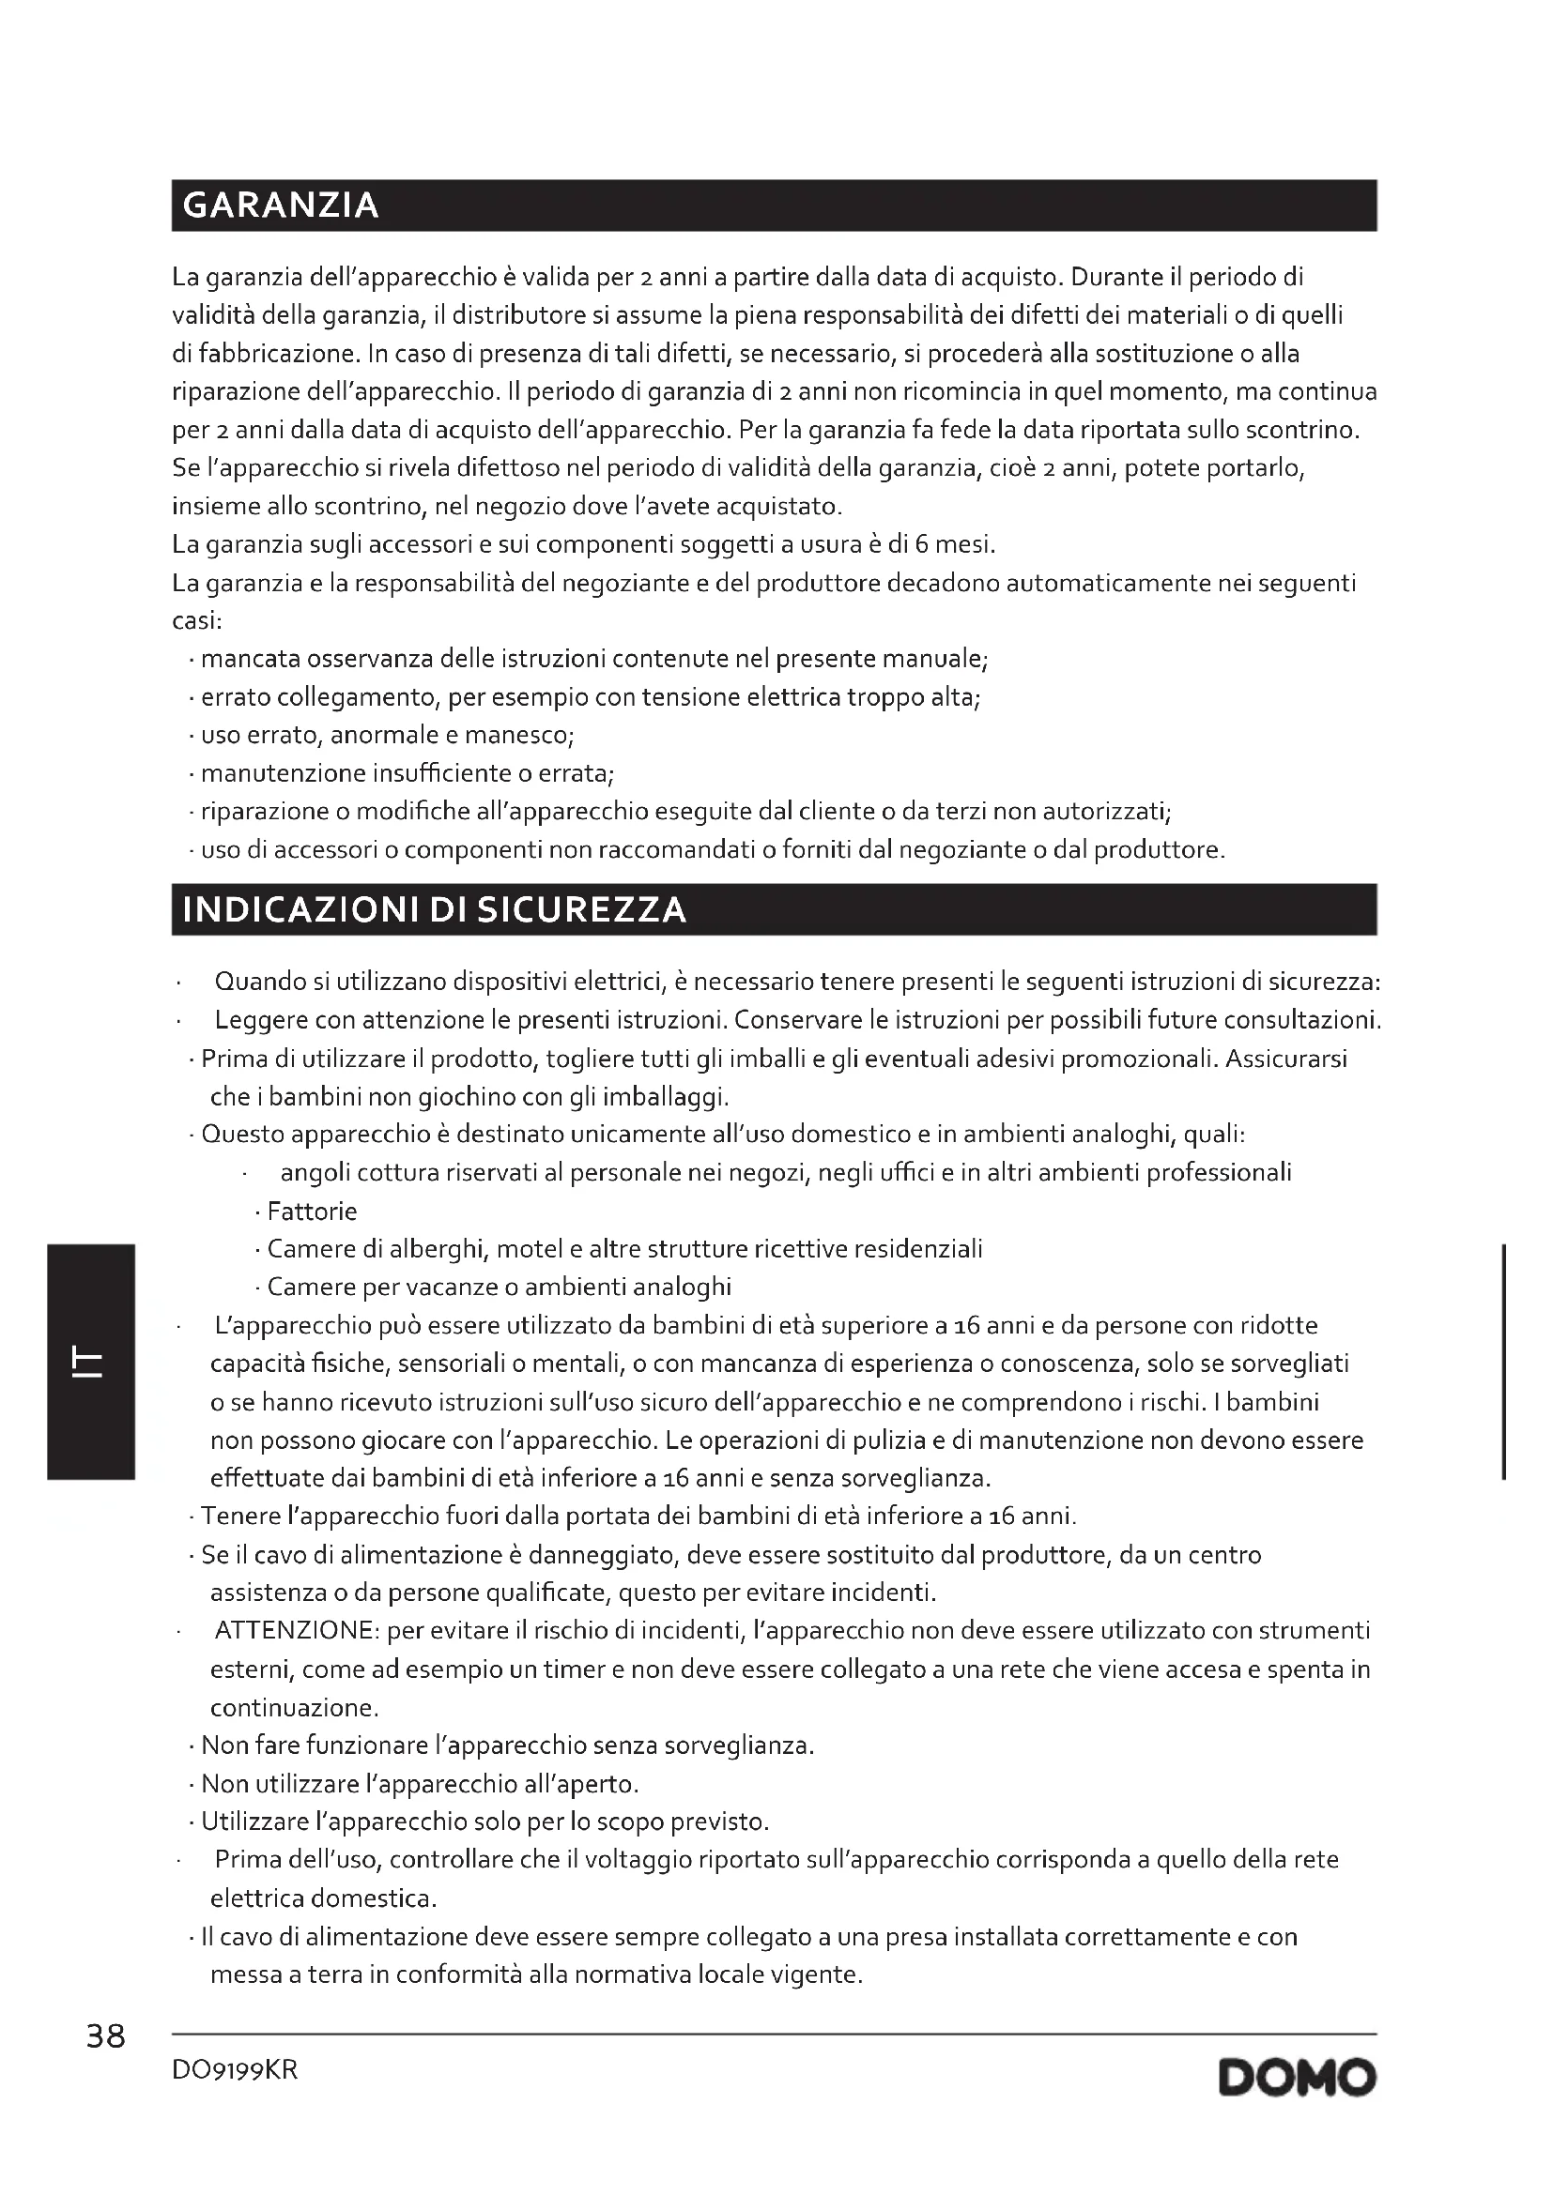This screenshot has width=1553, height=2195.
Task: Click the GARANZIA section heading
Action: (x=280, y=206)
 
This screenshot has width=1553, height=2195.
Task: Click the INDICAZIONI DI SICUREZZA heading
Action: (x=434, y=909)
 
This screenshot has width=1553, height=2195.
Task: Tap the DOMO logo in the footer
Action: (x=1297, y=2080)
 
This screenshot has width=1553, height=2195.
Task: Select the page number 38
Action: (x=105, y=2037)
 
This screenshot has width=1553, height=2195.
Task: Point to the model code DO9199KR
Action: (x=236, y=2071)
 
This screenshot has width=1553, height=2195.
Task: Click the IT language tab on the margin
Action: (x=90, y=1364)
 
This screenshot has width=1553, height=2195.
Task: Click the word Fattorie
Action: (x=312, y=1212)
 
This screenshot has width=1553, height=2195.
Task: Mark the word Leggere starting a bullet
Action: (x=261, y=1020)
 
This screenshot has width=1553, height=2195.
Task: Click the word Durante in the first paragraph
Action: (x=1116, y=277)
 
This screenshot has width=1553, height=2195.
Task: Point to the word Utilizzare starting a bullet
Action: (x=254, y=1822)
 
